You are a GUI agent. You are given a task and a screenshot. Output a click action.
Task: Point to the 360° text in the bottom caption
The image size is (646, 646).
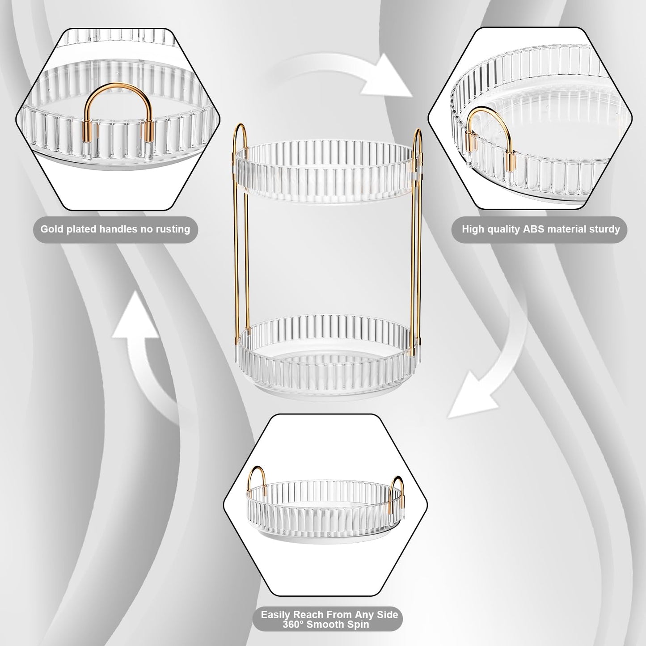293,624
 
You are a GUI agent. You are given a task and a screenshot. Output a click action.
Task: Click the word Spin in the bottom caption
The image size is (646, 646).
359,624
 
